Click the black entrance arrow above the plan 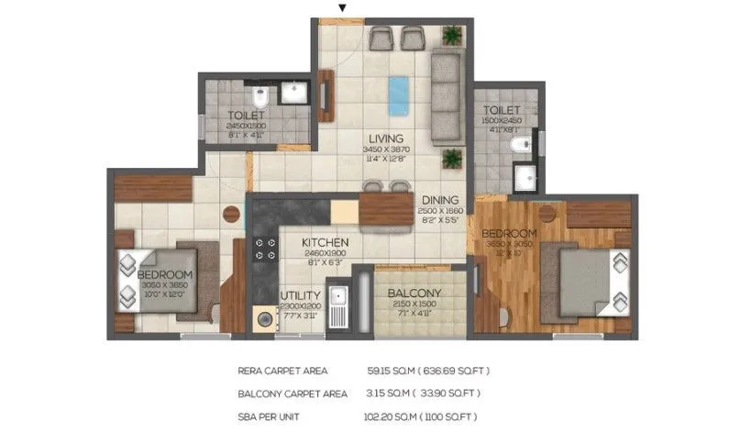pos(343,8)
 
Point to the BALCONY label pos(411,294)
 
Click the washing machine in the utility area pos(267,319)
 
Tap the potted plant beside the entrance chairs pos(451,36)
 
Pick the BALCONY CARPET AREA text pos(292,393)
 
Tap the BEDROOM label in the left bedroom pos(165,275)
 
